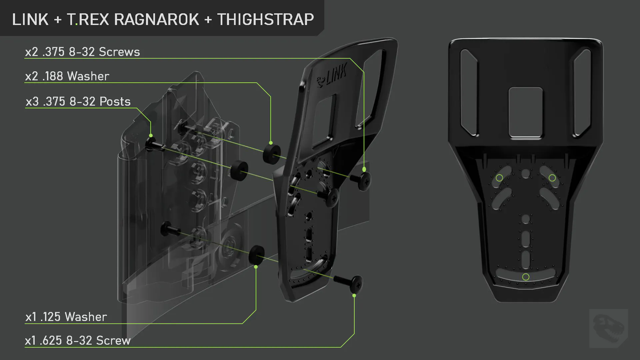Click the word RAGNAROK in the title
tap(157, 19)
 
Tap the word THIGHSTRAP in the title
tap(266, 19)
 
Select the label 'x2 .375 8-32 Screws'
tap(83, 52)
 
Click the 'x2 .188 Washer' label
tap(67, 76)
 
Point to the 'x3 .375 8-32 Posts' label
tap(78, 102)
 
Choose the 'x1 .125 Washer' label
tap(66, 317)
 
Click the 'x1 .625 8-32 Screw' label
tap(78, 341)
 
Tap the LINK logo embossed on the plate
tap(332, 76)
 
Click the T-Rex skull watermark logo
tap(609, 328)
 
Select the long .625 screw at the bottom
tap(348, 283)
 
